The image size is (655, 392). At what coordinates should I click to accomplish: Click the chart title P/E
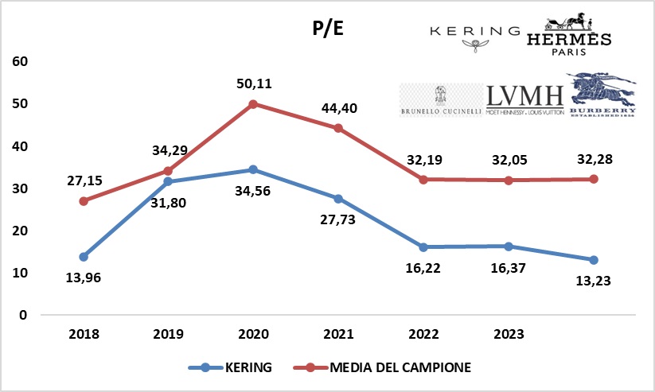(327, 30)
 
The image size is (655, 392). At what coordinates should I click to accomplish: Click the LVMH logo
(524, 99)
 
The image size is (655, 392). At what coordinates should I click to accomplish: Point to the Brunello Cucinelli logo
(440, 101)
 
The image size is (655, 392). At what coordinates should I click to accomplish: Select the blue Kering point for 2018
(84, 257)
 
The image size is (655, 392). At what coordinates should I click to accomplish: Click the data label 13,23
(592, 280)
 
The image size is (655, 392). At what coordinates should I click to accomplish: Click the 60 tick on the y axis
(20, 62)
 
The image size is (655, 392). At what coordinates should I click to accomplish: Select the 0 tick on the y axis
(24, 315)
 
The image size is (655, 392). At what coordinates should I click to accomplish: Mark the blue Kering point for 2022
(423, 246)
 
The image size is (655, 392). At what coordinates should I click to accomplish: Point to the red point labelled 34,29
(168, 170)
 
